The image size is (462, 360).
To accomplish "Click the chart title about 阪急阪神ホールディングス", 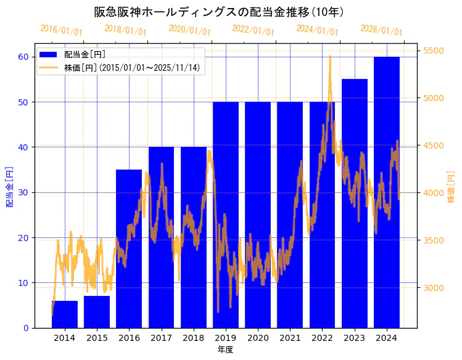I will click(x=219, y=12).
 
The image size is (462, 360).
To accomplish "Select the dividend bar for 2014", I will click(x=65, y=314).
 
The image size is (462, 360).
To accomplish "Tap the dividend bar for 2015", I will click(x=97, y=312).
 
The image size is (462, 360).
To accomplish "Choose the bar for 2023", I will click(x=355, y=203).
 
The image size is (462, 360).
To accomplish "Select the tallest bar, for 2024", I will click(x=387, y=192).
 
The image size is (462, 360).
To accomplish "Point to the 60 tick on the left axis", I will click(x=23, y=57).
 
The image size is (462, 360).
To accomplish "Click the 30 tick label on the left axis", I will click(x=23, y=192).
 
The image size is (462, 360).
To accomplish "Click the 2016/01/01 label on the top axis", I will click(x=61, y=30).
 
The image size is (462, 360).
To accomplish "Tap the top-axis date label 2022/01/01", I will click(x=254, y=30).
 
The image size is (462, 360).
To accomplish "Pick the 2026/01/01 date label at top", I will click(x=381, y=30).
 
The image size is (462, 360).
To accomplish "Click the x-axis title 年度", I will click(x=225, y=350).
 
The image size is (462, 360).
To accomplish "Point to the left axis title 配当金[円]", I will click(x=9, y=186).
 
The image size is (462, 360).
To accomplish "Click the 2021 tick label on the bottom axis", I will click(x=290, y=338).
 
